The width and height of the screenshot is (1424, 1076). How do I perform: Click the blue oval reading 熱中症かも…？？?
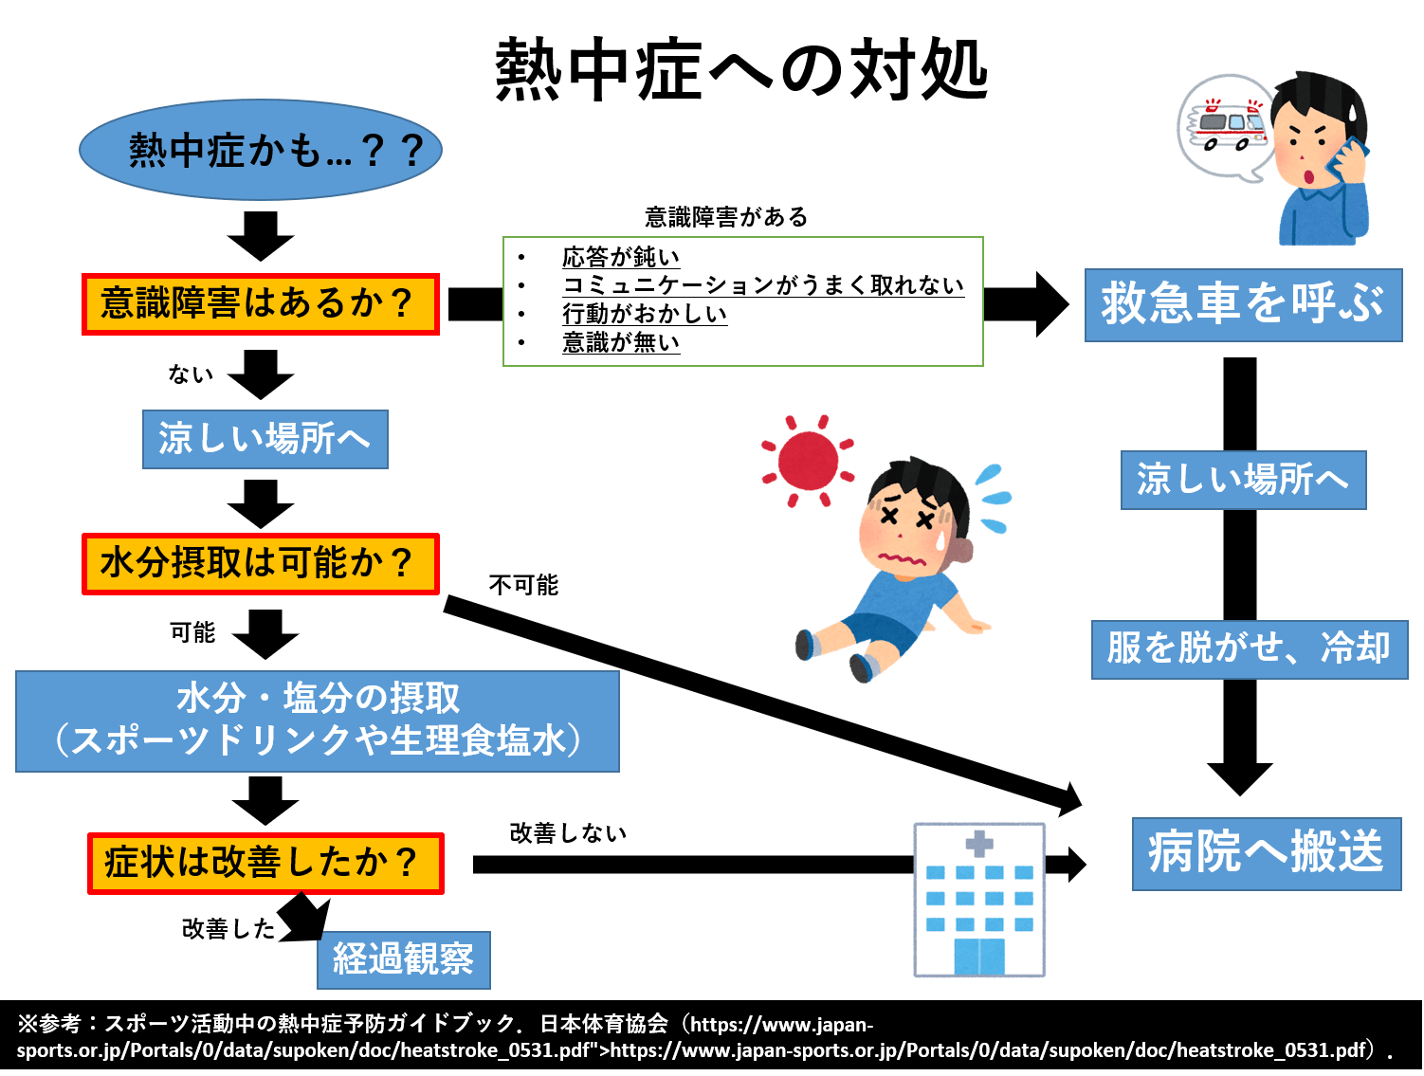(x=260, y=150)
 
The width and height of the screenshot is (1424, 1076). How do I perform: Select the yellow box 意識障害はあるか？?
(x=260, y=304)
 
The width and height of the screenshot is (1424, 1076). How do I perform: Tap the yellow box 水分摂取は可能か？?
(x=260, y=564)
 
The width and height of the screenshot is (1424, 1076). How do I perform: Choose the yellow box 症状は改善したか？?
(x=265, y=863)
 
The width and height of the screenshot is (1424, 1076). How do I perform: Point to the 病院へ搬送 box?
(x=1266, y=853)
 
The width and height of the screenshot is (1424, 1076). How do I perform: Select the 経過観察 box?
(x=403, y=959)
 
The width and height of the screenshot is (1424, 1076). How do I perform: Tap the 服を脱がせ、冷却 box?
(x=1249, y=649)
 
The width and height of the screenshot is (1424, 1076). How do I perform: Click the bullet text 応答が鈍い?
(x=621, y=257)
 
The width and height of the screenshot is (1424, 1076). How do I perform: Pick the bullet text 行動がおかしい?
(x=645, y=314)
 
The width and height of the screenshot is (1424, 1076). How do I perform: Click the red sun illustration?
(x=808, y=461)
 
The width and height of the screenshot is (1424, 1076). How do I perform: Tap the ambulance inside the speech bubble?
(x=1230, y=126)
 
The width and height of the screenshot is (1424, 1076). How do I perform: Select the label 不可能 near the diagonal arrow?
(x=523, y=585)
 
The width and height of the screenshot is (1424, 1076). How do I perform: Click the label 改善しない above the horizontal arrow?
(x=568, y=832)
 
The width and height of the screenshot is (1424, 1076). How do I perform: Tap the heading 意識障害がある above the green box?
(x=725, y=217)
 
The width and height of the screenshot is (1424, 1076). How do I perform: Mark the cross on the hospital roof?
(x=978, y=843)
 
